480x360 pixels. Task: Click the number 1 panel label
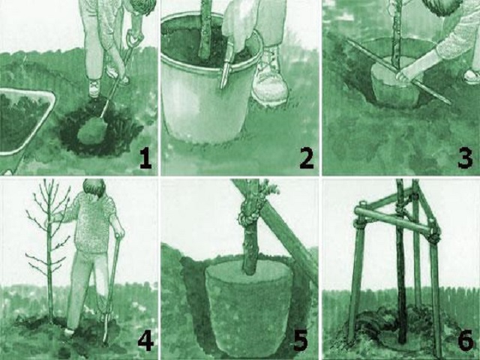[145, 159]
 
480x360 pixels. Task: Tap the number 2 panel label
[307, 159]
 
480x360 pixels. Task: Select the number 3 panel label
[465, 159]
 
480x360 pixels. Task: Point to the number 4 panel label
[145, 341]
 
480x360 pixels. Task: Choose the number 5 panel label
[300, 341]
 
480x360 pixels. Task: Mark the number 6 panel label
[466, 341]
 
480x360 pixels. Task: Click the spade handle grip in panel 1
[135, 37]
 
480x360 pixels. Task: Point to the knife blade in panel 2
[224, 76]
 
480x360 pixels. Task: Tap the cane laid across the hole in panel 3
[398, 72]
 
